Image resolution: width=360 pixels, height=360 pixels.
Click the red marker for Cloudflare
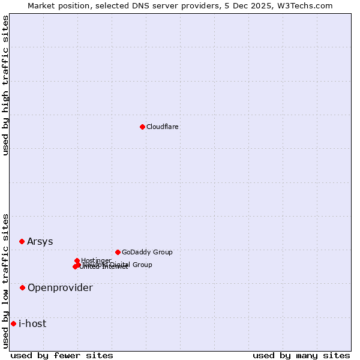[x=142, y=127]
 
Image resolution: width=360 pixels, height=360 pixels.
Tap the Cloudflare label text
[x=163, y=127]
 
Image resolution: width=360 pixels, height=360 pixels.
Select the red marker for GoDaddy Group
[x=118, y=252]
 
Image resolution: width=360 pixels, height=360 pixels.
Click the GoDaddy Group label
[x=147, y=252]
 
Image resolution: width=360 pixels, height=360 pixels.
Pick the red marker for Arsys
[x=22, y=241]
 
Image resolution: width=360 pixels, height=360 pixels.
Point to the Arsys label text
[x=40, y=241]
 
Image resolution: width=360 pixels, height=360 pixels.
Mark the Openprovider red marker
[x=22, y=287]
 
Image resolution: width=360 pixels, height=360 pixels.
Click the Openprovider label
[x=60, y=287]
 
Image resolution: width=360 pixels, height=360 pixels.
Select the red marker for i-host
[x=13, y=323]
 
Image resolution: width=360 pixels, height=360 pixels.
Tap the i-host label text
[x=32, y=323]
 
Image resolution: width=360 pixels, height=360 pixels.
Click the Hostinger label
[x=96, y=260]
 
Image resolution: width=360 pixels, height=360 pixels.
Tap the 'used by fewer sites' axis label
[x=62, y=355]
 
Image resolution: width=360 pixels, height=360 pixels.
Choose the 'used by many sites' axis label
[x=301, y=355]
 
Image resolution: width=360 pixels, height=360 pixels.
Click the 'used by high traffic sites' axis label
[x=6, y=85]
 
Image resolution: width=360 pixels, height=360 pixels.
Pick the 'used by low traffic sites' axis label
[x=6, y=281]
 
